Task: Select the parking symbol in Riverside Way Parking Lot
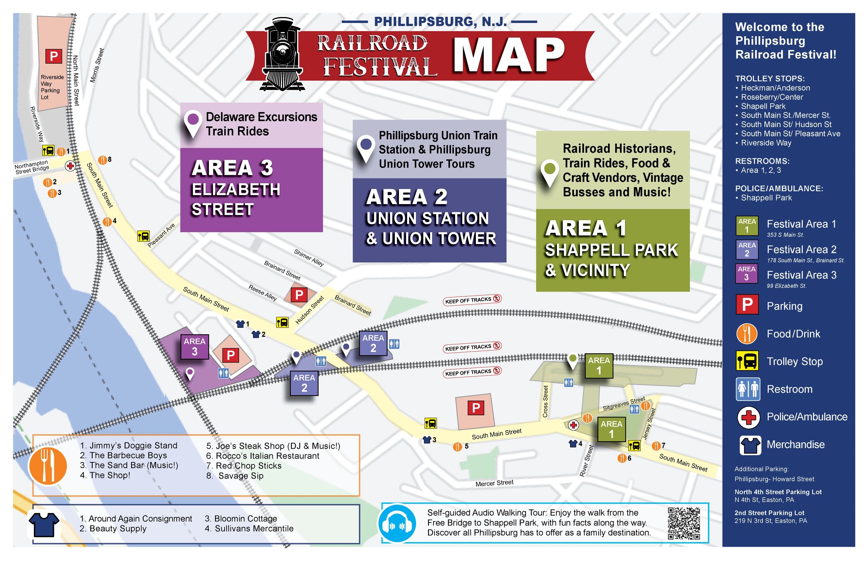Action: click(x=54, y=56)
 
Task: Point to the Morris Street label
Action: click(x=97, y=65)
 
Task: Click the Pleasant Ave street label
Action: click(x=161, y=235)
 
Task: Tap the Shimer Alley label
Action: click(x=309, y=257)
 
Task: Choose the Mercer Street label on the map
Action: click(x=494, y=483)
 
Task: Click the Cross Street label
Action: click(x=545, y=401)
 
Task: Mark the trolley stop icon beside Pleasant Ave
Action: click(x=143, y=236)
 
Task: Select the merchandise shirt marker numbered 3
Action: click(x=427, y=440)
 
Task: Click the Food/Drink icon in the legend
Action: click(x=747, y=334)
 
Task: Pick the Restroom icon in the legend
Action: click(x=747, y=389)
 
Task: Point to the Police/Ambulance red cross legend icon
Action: click(x=748, y=417)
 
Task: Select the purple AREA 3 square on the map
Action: click(x=195, y=346)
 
